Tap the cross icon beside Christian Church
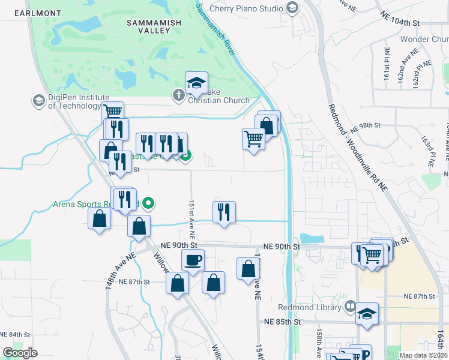point(178,95)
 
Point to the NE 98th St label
point(367,125)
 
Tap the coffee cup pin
point(193,260)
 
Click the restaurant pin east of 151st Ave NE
point(223,212)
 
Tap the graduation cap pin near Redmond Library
point(367,313)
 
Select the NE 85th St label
point(282,322)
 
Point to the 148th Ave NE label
point(121,272)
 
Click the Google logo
point(20,352)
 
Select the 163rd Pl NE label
point(427,151)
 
